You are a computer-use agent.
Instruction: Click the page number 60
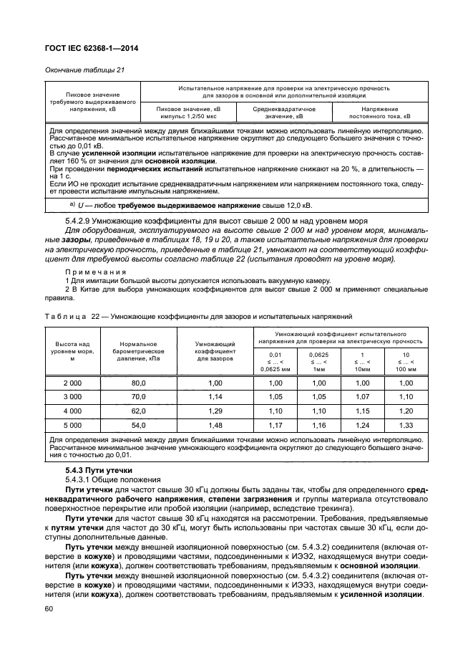pos(49,609)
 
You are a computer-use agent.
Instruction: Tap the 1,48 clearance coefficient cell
pos(215,425)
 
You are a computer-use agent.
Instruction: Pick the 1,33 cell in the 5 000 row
pos(406,425)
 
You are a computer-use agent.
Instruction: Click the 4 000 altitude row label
pos(72,411)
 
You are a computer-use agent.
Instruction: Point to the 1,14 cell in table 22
pos(215,397)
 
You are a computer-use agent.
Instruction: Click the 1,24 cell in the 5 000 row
pos(363,425)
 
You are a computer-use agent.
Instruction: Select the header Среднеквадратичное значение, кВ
pos(284,112)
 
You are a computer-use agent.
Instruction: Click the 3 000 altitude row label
pos(72,397)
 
